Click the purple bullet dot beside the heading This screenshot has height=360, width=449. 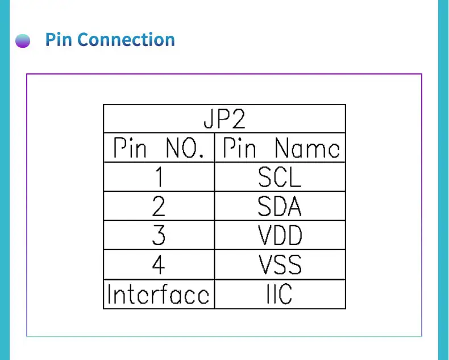[x=23, y=41]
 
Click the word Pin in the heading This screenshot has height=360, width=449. [x=59, y=39]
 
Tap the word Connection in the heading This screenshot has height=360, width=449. [x=126, y=39]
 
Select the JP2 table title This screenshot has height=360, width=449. [x=224, y=119]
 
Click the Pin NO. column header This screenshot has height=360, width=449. [x=159, y=148]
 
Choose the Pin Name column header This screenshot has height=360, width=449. [x=281, y=148]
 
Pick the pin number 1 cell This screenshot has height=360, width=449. [x=159, y=177]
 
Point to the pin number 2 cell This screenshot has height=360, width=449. [x=159, y=206]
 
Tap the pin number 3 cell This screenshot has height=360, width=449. [x=159, y=235]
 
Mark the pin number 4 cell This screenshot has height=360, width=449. [x=159, y=264]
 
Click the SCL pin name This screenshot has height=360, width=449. [x=280, y=177]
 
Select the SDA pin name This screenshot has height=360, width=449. [x=280, y=206]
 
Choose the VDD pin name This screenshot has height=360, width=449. [x=280, y=235]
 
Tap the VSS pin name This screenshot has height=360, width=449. [x=280, y=264]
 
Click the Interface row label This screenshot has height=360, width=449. [x=159, y=294]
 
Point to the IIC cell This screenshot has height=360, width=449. [x=280, y=294]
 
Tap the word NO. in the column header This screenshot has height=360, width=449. [x=185, y=148]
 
